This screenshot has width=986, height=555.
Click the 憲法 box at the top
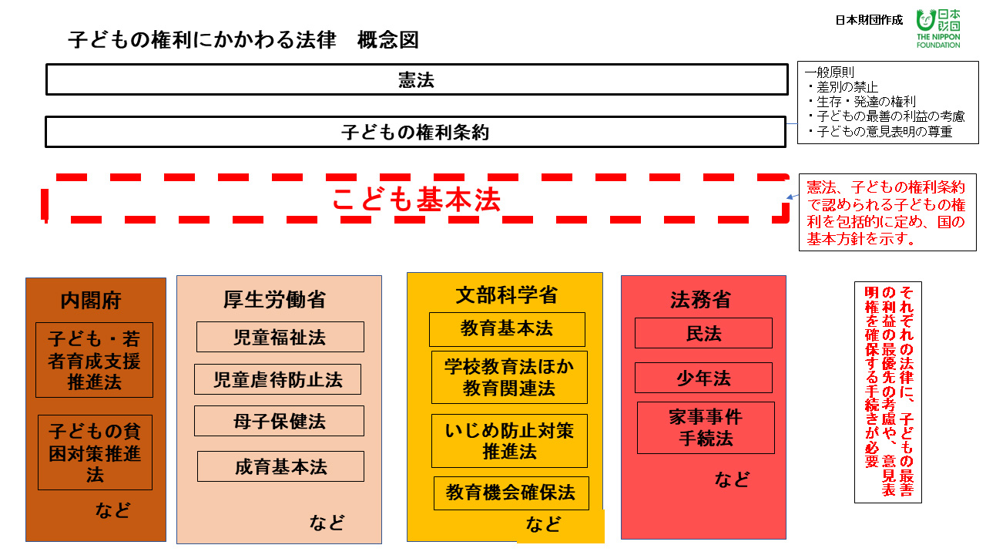[417, 79]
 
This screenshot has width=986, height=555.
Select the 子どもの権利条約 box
[415, 132]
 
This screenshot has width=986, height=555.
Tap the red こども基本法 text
[417, 199]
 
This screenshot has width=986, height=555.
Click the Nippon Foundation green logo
[938, 29]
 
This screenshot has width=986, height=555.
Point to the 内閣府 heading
[91, 301]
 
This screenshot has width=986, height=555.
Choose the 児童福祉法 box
[280, 337]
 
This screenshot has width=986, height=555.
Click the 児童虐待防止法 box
[278, 379]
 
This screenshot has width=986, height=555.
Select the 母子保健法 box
[279, 421]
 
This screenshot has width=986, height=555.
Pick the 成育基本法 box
[280, 466]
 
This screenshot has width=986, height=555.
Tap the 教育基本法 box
[507, 329]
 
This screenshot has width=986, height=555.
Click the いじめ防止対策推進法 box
[509, 441]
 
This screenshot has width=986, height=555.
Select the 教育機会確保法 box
[511, 493]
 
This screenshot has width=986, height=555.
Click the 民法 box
[703, 333]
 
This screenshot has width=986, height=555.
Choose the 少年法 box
[703, 378]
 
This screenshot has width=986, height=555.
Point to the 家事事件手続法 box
[706, 428]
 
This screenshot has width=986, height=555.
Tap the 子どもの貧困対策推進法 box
[95, 452]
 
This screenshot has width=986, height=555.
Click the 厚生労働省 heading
[274, 300]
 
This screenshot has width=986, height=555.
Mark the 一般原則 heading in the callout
[830, 72]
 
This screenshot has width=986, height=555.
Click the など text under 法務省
[732, 479]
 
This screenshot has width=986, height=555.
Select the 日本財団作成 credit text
[869, 20]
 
